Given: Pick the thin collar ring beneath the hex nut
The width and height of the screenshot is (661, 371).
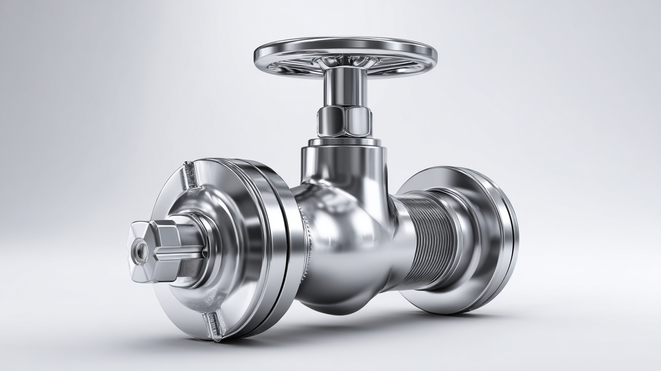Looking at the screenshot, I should pos(345,142).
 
